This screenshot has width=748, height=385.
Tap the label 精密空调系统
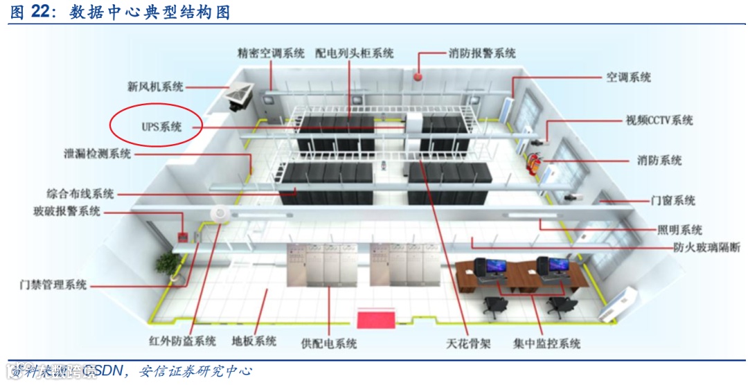(270, 53)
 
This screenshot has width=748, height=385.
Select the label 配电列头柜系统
(354, 53)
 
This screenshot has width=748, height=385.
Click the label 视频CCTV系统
(659, 120)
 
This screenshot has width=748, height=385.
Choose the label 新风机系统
(155, 87)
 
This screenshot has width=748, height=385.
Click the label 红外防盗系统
(182, 341)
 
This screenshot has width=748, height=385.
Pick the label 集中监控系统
(546, 343)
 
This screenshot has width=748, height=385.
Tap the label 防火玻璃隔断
(706, 247)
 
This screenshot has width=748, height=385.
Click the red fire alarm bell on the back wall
(418, 75)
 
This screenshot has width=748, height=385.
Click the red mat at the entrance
(375, 319)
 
